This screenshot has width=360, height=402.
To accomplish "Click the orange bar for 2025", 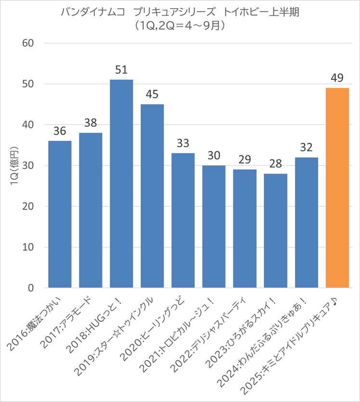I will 337,188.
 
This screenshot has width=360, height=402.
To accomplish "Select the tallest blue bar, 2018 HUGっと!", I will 121,184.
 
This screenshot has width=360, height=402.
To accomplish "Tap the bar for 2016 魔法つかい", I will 60,214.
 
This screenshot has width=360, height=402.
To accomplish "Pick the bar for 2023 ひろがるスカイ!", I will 275,231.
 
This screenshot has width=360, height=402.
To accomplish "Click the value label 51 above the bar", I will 121,70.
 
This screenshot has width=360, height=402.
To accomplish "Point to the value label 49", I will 337,78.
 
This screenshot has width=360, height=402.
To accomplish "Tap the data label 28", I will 275,164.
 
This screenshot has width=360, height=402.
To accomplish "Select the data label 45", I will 152,95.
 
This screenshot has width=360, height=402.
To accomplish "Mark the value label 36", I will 60,131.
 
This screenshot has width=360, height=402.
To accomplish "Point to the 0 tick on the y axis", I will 30,288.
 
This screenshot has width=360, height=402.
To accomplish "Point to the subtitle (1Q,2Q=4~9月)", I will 180,26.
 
